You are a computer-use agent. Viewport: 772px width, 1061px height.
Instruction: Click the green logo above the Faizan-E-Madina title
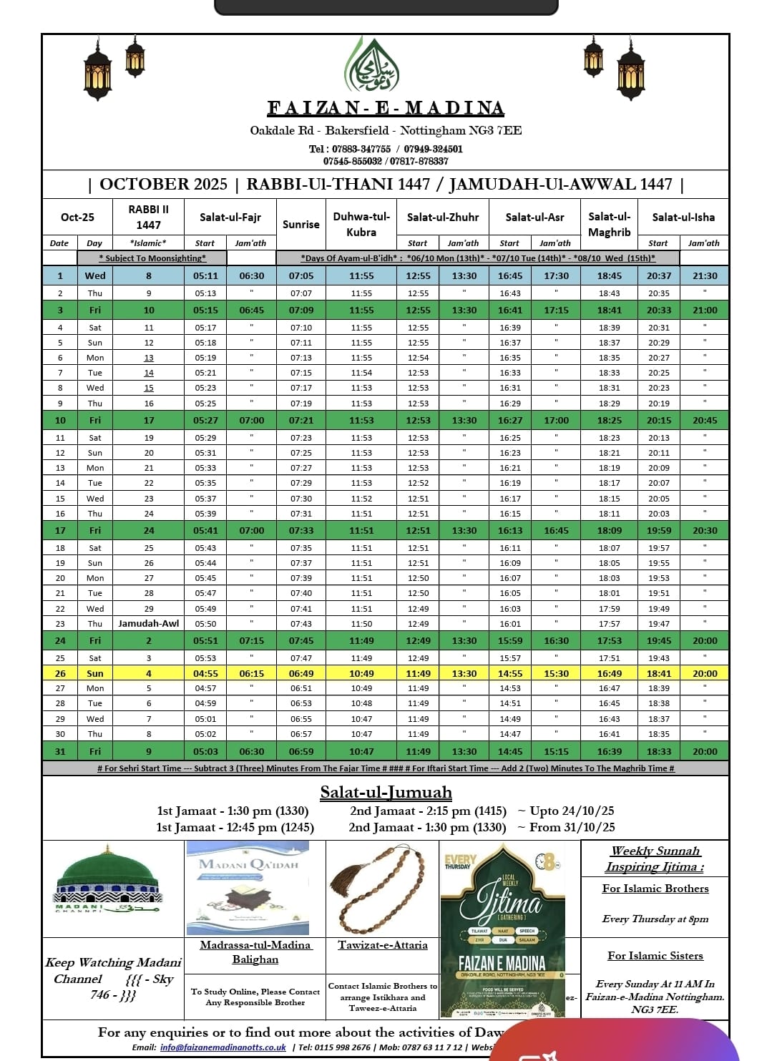pyautogui.click(x=371, y=67)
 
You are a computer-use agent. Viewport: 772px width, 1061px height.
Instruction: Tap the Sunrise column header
pyautogui.click(x=301, y=224)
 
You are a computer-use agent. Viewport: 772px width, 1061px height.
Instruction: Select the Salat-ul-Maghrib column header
pyautogui.click(x=609, y=224)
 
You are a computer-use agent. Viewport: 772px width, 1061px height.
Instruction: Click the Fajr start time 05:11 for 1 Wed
pyautogui.click(x=205, y=275)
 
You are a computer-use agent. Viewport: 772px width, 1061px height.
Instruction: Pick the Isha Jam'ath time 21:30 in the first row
pyautogui.click(x=704, y=275)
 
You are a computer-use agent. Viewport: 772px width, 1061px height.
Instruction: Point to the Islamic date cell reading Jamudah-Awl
pyautogui.click(x=149, y=623)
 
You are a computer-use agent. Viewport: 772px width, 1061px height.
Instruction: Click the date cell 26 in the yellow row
pyautogui.click(x=60, y=673)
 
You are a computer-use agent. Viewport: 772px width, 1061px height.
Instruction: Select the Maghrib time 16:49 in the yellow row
pyautogui.click(x=609, y=673)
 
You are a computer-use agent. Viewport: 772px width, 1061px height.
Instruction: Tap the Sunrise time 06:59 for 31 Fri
pyautogui.click(x=301, y=751)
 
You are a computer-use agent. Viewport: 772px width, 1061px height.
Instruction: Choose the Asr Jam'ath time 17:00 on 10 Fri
pyautogui.click(x=556, y=420)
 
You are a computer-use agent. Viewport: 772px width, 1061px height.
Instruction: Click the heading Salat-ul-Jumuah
pyautogui.click(x=386, y=792)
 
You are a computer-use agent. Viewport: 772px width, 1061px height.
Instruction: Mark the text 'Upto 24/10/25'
pyautogui.click(x=565, y=811)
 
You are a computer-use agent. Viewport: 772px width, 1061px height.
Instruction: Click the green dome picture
pyautogui.click(x=107, y=881)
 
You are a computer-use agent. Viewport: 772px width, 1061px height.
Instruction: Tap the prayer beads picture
pyautogui.click(x=383, y=886)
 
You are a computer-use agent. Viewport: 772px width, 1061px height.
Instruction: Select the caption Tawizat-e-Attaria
pyautogui.click(x=383, y=945)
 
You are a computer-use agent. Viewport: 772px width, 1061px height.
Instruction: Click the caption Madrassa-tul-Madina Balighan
pyautogui.click(x=255, y=952)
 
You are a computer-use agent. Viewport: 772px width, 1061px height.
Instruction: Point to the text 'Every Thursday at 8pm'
pyautogui.click(x=655, y=919)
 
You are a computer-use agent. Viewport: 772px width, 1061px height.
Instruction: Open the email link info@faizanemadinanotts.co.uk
pyautogui.click(x=223, y=1047)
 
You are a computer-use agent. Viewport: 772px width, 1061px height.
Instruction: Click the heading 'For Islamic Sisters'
pyautogui.click(x=655, y=956)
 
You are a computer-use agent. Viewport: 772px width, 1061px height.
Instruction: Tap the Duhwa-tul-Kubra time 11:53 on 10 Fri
pyautogui.click(x=361, y=420)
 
